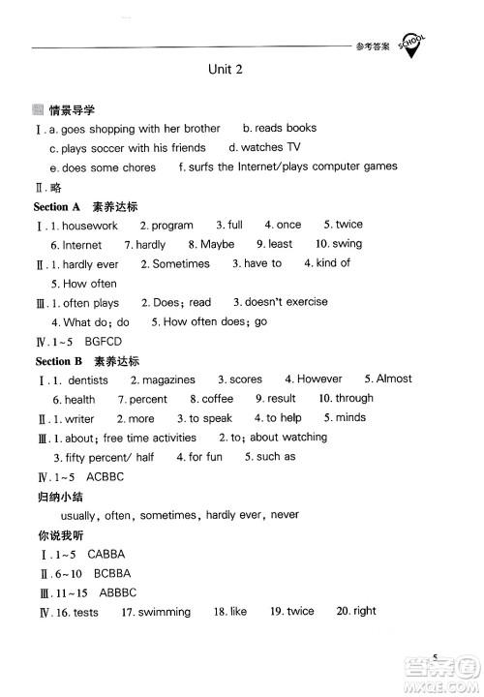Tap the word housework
tap(90, 226)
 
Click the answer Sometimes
tap(181, 263)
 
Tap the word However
tap(319, 379)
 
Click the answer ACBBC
tap(106, 476)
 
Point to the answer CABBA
tap(106, 555)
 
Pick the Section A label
tap(57, 206)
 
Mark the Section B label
tap(57, 360)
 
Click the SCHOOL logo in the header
tap(412, 45)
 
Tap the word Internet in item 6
tap(82, 245)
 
